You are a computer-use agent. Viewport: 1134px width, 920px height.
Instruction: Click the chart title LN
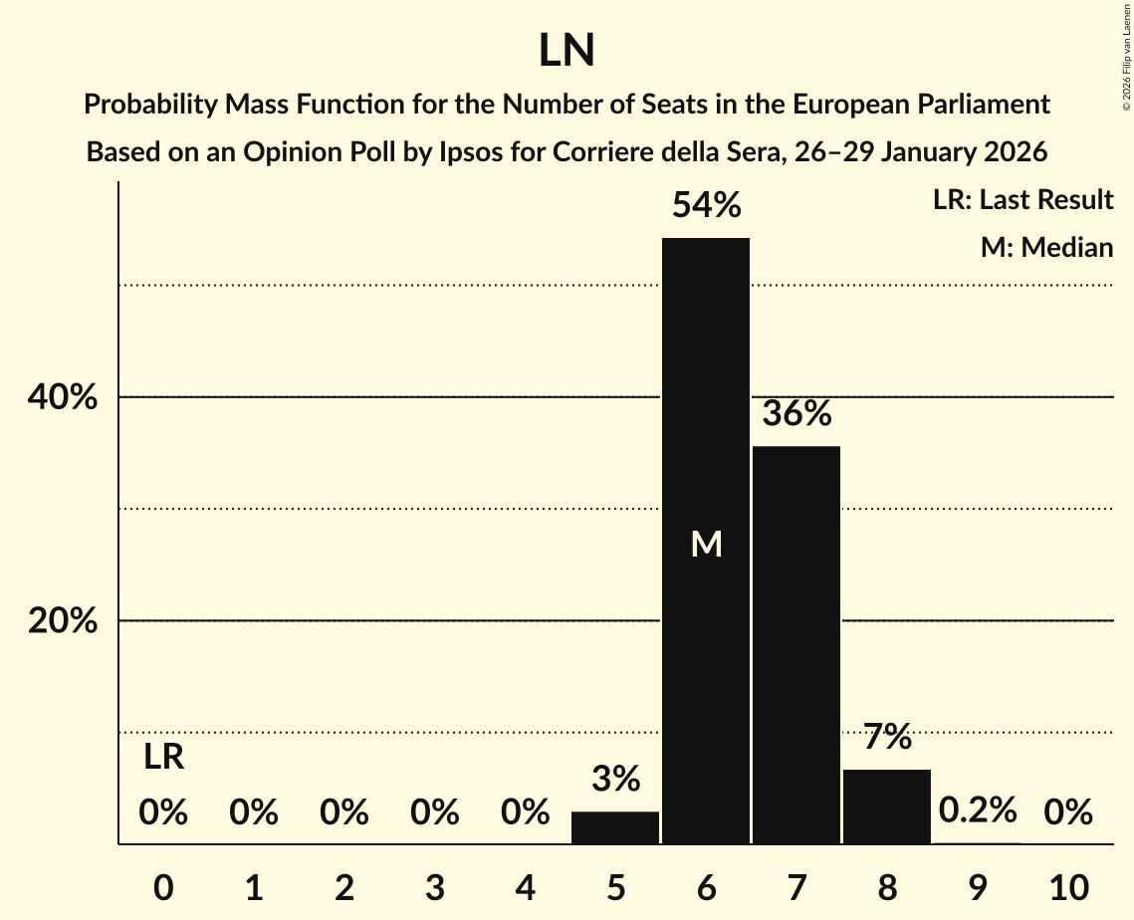(567, 51)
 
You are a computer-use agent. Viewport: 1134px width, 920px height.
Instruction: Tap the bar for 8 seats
(887, 806)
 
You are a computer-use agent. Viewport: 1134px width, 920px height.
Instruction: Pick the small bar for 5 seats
(615, 827)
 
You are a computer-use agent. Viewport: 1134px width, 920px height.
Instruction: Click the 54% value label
(706, 205)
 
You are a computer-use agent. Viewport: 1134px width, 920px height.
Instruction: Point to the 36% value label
(796, 413)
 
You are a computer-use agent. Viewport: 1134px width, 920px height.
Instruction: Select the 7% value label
(887, 738)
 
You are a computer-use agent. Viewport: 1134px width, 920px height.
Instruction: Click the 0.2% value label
(978, 810)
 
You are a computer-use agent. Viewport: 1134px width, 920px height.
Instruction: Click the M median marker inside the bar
(706, 544)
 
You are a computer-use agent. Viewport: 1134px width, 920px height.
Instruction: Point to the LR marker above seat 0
(163, 758)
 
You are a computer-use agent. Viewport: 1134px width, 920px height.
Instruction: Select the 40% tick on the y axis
(62, 397)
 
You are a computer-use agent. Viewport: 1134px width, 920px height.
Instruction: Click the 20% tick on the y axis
(62, 621)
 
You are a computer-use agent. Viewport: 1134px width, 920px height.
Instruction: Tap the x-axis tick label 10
(1067, 887)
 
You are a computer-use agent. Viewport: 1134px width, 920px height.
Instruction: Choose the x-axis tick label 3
(434, 887)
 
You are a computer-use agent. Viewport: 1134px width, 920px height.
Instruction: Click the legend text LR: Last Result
(1022, 200)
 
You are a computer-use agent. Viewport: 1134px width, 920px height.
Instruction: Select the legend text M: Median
(1046, 247)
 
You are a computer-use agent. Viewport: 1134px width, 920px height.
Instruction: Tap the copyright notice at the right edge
(1126, 56)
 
